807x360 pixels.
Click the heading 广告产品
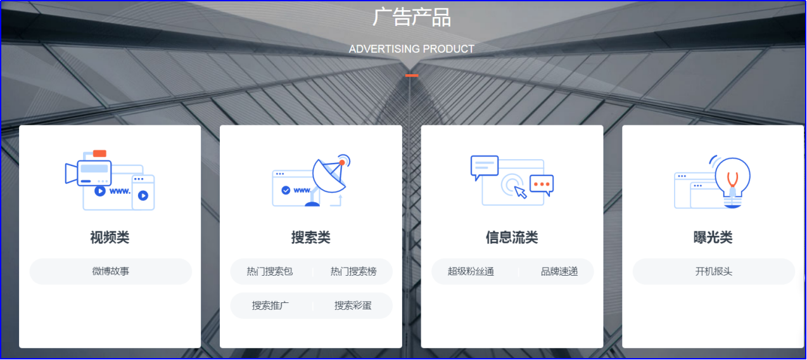tap(412, 17)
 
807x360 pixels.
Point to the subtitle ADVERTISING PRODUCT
tap(412, 49)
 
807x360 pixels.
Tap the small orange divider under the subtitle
tap(412, 75)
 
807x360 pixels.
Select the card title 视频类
tap(110, 238)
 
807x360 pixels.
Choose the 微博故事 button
tap(111, 271)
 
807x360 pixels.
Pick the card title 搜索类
tap(311, 238)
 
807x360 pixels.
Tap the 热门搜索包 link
tap(270, 271)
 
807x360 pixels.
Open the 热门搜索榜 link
tap(353, 271)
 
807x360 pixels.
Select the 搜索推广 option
tap(270, 305)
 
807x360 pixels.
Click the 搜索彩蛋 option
tap(353, 305)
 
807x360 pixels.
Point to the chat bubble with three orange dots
tap(542, 184)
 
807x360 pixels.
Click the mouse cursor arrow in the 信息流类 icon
tap(521, 191)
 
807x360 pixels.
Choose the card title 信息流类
tap(512, 238)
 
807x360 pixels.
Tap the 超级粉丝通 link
tap(471, 271)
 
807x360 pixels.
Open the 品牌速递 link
tap(559, 271)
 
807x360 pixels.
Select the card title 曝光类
tap(713, 238)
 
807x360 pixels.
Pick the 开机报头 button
tap(714, 271)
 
